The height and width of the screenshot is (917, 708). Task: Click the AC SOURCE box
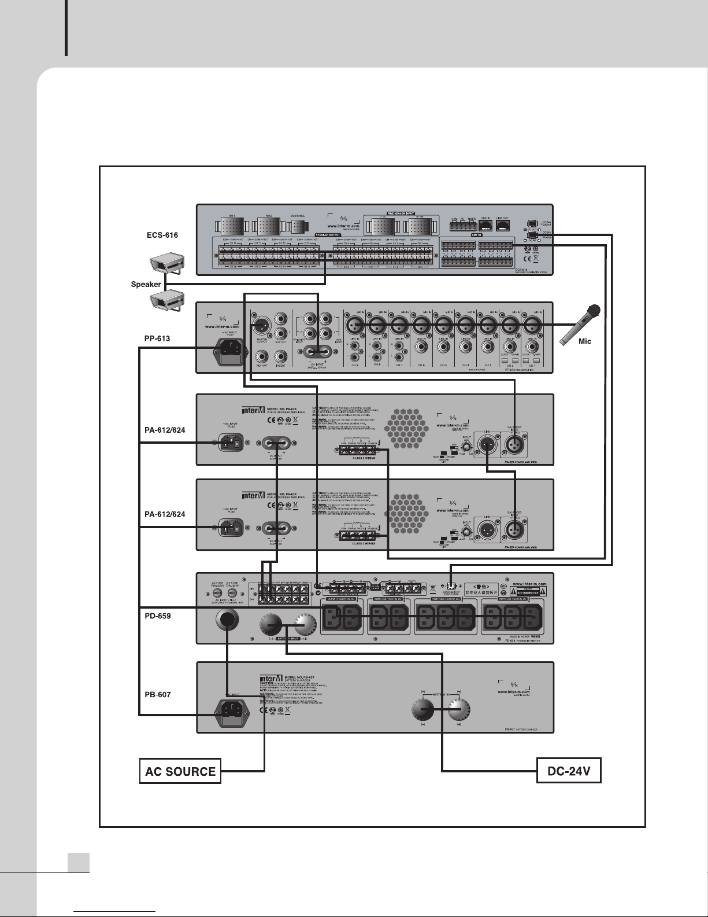180,771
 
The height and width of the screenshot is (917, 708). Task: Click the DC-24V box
569,771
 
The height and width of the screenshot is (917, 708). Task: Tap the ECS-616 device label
162,235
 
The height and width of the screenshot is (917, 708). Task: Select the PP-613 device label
157,338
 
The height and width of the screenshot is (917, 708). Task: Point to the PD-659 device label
157,616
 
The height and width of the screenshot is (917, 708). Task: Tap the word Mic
585,341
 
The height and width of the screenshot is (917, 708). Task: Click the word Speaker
146,285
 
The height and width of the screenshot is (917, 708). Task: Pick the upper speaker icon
167,265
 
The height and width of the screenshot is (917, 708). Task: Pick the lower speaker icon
167,299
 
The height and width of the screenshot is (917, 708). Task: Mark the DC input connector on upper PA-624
277,443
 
